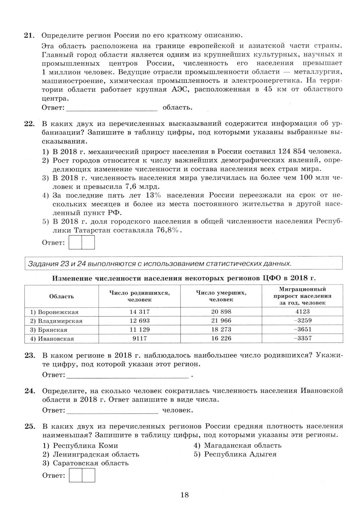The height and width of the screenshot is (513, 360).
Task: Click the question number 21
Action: pos(29,35)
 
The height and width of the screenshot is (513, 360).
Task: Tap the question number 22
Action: pos(29,124)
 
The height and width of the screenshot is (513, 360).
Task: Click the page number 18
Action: pos(184,495)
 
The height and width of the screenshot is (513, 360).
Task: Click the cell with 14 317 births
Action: pos(139,312)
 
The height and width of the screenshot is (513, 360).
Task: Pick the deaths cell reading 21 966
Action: pos(221,321)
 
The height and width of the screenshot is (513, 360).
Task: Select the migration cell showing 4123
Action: pos(302,312)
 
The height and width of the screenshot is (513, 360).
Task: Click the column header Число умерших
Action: pos(221,296)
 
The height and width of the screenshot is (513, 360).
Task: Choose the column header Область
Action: pos(62,296)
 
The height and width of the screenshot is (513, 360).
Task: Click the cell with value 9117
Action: pos(139,338)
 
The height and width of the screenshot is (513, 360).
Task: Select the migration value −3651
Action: pos(302,329)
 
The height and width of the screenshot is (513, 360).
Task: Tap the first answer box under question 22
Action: pos(75,242)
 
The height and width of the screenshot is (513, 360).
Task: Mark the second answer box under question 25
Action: pos(89,476)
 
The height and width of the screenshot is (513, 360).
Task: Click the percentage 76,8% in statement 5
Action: pos(169,230)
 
